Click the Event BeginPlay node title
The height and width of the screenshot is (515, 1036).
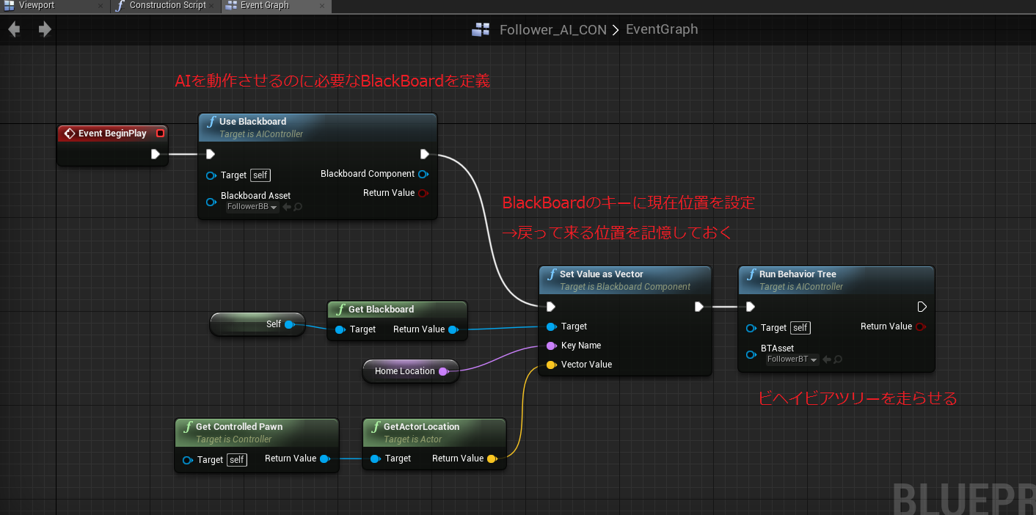coord(112,134)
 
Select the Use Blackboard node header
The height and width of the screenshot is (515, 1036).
coord(252,122)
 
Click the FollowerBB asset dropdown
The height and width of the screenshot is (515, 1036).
coord(252,207)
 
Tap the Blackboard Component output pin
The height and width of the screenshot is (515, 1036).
coord(423,175)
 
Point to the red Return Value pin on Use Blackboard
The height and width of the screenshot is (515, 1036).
coord(423,193)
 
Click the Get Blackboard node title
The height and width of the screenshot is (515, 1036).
coord(381,310)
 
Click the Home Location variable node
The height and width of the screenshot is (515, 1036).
coord(405,371)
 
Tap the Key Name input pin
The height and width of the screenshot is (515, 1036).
coord(551,346)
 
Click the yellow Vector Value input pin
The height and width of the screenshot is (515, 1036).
coord(551,365)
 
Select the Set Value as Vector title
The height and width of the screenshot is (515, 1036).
coord(601,274)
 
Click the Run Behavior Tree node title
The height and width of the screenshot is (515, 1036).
coord(798,274)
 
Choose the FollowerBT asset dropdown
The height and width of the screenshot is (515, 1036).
coord(792,359)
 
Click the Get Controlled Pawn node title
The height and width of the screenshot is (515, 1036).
coord(238,427)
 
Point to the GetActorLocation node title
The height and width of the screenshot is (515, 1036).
coord(421,427)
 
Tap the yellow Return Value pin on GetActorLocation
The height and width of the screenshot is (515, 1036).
coord(492,459)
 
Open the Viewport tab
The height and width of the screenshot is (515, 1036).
coord(37,6)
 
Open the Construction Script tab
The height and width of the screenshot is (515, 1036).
coord(167,6)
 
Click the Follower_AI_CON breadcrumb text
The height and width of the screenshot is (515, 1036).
coord(552,30)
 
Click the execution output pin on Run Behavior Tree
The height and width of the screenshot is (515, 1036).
coord(922,307)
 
